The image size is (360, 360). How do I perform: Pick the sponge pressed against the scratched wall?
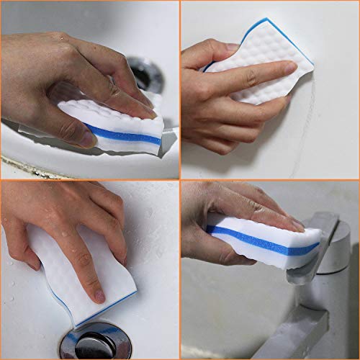[259, 68]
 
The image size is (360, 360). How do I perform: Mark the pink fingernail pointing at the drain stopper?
[99, 295]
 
